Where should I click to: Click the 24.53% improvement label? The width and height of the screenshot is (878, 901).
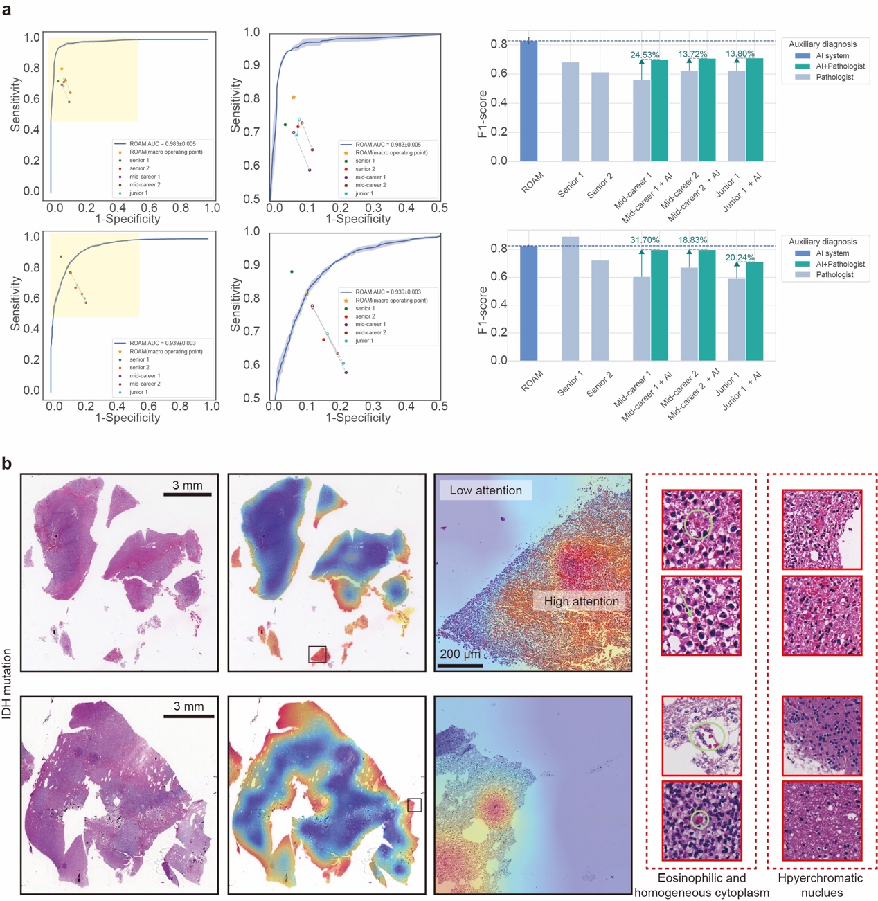click(644, 55)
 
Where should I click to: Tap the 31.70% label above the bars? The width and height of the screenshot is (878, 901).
click(644, 240)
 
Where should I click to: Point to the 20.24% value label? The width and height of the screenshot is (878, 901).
click(740, 258)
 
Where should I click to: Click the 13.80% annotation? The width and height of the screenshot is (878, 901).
click(740, 54)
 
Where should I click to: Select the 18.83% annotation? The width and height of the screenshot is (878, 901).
click(692, 240)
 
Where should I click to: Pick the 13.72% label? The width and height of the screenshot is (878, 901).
click(692, 54)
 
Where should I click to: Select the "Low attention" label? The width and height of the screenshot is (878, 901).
click(485, 490)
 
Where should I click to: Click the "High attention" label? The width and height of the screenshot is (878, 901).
click(581, 601)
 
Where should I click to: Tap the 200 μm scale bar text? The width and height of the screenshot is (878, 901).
click(460, 654)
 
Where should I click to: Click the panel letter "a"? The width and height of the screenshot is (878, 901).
click(7, 10)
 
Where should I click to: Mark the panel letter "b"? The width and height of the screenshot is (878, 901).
click(7, 463)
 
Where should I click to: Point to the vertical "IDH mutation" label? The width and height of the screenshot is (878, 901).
click(8, 684)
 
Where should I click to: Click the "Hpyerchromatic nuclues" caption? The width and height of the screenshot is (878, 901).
click(821, 885)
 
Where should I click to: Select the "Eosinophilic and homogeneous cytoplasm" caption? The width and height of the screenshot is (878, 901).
click(701, 885)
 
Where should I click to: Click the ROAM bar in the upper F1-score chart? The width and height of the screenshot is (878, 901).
click(528, 101)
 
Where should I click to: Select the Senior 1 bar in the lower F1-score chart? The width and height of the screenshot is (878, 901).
click(570, 298)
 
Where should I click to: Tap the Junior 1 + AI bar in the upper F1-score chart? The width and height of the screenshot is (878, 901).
click(754, 110)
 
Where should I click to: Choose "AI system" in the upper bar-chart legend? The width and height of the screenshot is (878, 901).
click(832, 55)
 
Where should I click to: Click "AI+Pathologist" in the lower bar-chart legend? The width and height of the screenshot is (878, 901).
click(840, 264)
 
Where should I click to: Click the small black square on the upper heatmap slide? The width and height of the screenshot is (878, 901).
click(317, 654)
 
